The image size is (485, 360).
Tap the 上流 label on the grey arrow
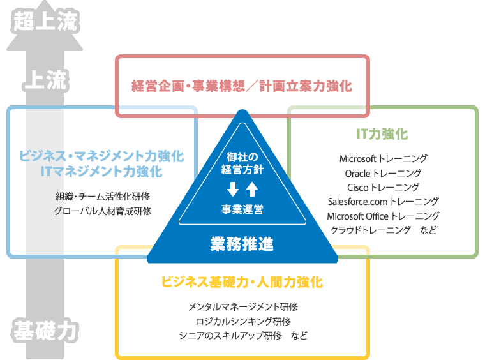45,82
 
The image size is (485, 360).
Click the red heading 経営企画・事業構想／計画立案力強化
242,86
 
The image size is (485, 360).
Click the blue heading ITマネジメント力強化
101,172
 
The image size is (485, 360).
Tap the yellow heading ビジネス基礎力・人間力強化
242,281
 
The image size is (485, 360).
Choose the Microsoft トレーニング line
383,158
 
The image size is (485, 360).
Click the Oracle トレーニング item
383,173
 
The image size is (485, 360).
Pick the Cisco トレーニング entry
383,187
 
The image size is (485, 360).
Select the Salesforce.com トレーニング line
383,202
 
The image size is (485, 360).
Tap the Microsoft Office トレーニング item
383,216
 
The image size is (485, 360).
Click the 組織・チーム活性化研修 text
103,196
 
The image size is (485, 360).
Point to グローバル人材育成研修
103,211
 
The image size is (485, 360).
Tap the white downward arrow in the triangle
233,189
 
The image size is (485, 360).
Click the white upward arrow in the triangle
251,189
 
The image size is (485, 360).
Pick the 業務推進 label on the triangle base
242,243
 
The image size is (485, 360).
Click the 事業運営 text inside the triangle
242,209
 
